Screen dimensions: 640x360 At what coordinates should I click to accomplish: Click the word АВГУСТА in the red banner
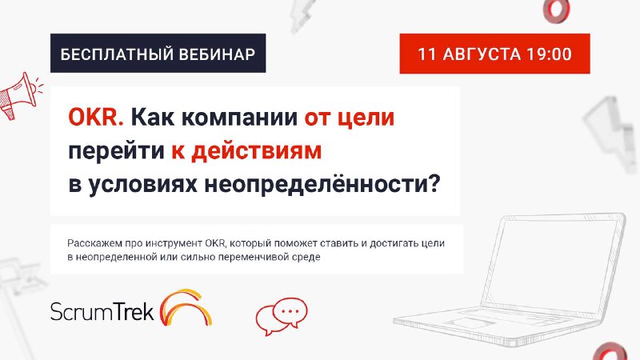pos(482,54)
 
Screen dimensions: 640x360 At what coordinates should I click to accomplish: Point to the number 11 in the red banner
pos(427,54)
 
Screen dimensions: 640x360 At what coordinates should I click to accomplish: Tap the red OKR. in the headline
pos(96,117)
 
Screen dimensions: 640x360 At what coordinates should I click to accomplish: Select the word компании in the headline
pos(239,118)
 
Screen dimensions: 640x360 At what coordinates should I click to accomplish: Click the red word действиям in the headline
pos(257,151)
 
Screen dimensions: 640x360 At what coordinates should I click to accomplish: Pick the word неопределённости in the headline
pos(322,185)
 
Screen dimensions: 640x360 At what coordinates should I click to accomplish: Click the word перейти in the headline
pos(116,152)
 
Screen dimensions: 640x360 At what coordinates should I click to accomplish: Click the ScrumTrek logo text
pos(102,312)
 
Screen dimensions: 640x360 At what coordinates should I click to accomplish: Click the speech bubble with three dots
pos(290,312)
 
